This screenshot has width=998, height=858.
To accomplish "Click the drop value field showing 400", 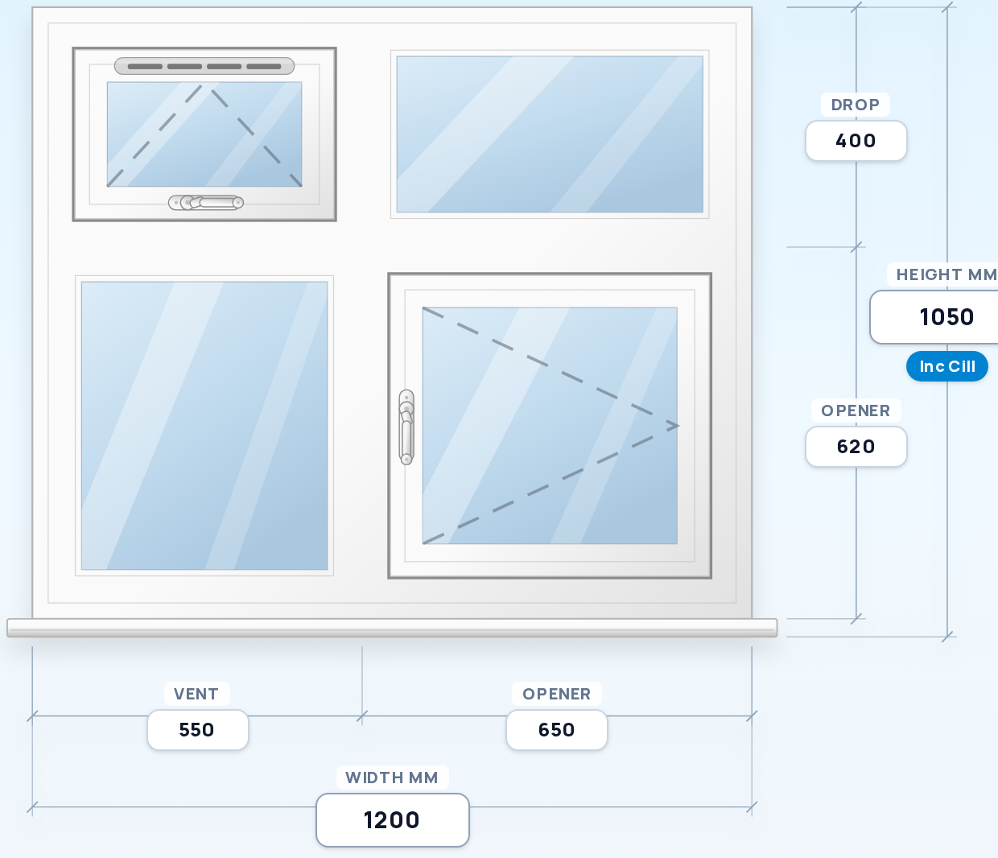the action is [856, 141].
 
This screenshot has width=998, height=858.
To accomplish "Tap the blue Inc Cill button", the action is [946, 366].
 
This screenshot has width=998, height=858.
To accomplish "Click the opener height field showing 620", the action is [856, 447].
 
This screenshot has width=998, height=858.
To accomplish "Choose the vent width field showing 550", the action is [197, 729].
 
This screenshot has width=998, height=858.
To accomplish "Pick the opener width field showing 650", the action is [557, 729].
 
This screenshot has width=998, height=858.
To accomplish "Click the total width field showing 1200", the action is [393, 820].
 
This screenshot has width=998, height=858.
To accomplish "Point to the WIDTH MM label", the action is [392, 778].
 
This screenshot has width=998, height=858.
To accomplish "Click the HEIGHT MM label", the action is [946, 274].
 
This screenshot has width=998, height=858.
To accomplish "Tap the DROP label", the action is [855, 105].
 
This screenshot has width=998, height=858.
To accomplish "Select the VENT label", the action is [196, 694].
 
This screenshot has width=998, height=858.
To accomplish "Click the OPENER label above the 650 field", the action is [557, 694].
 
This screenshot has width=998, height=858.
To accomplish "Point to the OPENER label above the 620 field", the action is [856, 411].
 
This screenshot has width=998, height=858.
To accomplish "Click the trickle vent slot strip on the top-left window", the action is [204, 66].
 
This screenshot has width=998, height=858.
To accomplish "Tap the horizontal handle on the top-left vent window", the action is [206, 203].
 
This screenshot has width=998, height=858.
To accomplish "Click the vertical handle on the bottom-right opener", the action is [406, 427].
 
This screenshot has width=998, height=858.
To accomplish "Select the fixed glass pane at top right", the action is [550, 134].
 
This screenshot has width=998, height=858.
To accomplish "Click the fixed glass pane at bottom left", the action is [204, 426].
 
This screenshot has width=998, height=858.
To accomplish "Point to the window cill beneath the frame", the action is [392, 628].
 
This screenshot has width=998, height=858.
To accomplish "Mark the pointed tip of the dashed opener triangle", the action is [678, 426].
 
